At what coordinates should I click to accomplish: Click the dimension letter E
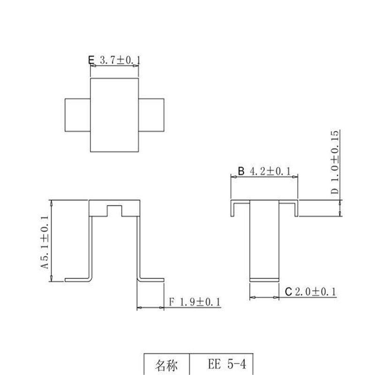point(91,60)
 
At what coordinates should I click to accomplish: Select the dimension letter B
point(241,172)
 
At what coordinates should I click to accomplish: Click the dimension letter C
point(289,292)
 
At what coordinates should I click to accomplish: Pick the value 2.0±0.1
point(315,292)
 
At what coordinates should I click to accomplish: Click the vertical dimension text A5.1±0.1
point(45,241)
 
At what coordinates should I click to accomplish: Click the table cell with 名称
point(166,365)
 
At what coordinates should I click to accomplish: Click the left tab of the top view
point(77,115)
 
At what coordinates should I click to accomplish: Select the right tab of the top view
point(152,115)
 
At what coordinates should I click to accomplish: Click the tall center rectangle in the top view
point(115,115)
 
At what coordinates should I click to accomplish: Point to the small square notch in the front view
point(115,210)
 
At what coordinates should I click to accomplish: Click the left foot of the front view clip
point(77,279)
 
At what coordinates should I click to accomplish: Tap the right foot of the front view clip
point(151,279)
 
